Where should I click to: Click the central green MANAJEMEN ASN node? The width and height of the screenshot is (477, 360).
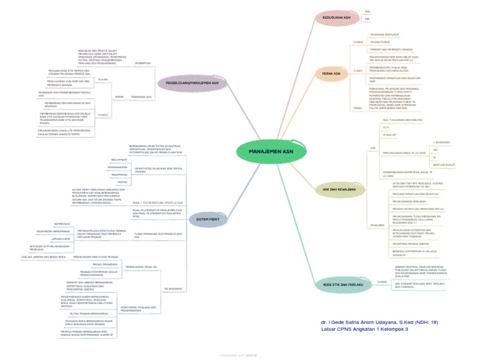pyautogui.click(x=266, y=151)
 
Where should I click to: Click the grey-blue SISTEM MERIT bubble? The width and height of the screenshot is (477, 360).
pyautogui.click(x=207, y=219)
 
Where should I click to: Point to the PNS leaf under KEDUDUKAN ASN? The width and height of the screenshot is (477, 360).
pyautogui.click(x=367, y=12)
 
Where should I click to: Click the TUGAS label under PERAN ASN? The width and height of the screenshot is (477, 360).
pyautogui.click(x=357, y=71)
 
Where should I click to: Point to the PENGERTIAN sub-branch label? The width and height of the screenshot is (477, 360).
pyautogui.click(x=143, y=63)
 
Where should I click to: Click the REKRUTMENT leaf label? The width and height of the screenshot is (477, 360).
pyautogui.click(x=111, y=160)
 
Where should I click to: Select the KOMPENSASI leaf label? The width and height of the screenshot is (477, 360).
pyautogui.click(x=61, y=223)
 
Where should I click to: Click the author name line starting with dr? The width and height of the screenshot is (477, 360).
pyautogui.click(x=379, y=322)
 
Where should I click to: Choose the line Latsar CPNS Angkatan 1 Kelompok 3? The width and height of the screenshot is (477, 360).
pyautogui.click(x=369, y=329)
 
